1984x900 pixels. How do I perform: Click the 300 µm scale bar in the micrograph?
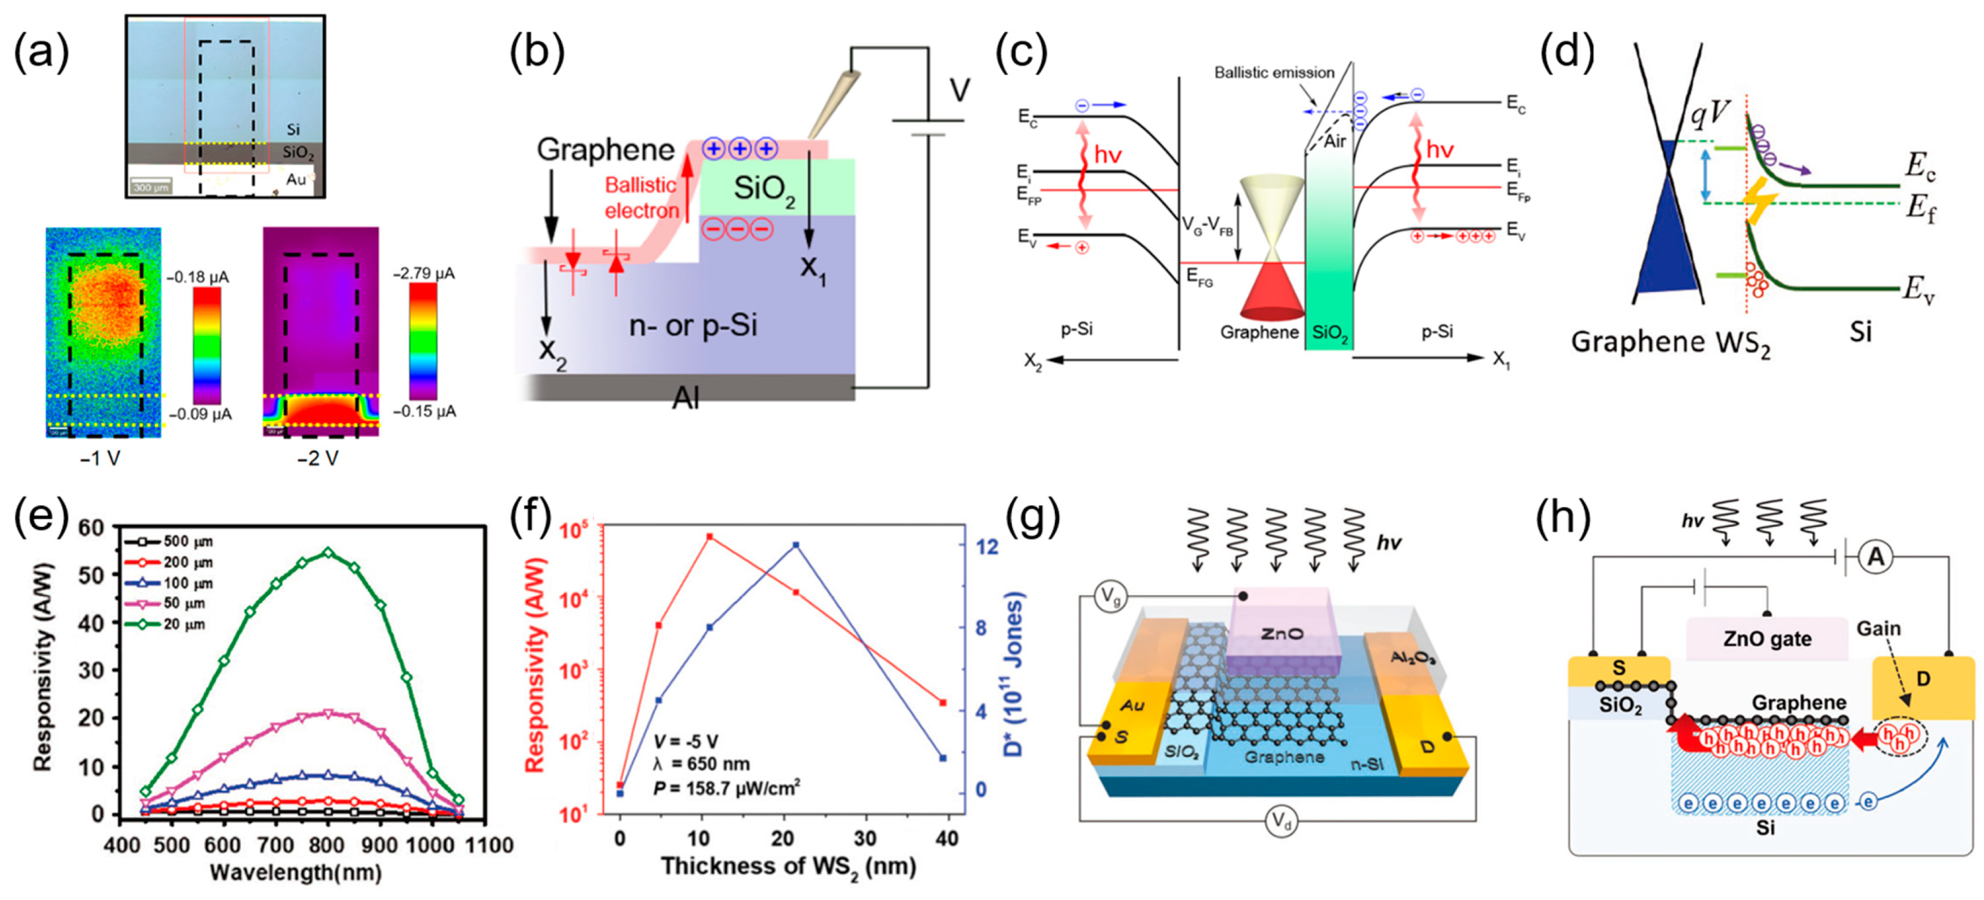coord(151,187)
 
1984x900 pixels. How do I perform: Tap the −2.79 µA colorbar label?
coord(423,274)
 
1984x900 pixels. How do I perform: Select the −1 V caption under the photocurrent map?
coord(100,459)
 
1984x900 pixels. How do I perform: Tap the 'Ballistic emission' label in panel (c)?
coord(1274,72)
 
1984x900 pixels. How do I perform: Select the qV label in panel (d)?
coord(1710,114)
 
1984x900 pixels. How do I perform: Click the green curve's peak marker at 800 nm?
coord(328,552)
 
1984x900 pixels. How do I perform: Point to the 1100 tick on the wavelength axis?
coord(490,845)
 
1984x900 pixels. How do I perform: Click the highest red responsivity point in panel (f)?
coord(710,536)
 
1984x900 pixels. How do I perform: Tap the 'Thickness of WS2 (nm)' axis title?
coord(788,867)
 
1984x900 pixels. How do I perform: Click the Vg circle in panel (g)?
coord(1110,597)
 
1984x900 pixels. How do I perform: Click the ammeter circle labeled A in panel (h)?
coord(1875,557)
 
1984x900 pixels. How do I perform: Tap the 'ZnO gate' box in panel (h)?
coord(1767,638)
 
